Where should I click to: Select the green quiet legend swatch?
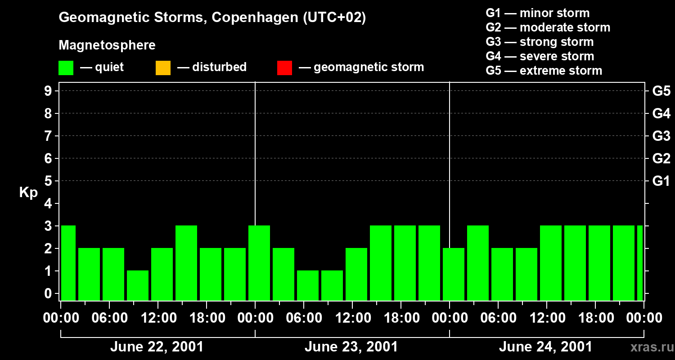click(66, 68)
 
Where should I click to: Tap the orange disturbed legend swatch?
click(163, 68)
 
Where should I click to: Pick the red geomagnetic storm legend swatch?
click(284, 68)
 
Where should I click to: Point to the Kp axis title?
click(28, 193)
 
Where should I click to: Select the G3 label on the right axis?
click(661, 136)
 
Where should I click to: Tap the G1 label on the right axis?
click(661, 181)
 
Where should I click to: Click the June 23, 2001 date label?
click(351, 347)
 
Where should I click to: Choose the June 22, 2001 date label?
click(157, 347)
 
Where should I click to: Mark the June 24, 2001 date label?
click(545, 347)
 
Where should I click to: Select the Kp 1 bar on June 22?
click(138, 285)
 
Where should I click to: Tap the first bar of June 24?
click(454, 274)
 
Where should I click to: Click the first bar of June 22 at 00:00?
click(68, 263)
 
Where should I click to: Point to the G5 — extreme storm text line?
click(544, 71)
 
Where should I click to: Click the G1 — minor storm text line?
click(537, 13)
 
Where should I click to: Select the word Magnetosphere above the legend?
click(107, 45)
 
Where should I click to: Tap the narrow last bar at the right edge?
click(640, 263)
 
